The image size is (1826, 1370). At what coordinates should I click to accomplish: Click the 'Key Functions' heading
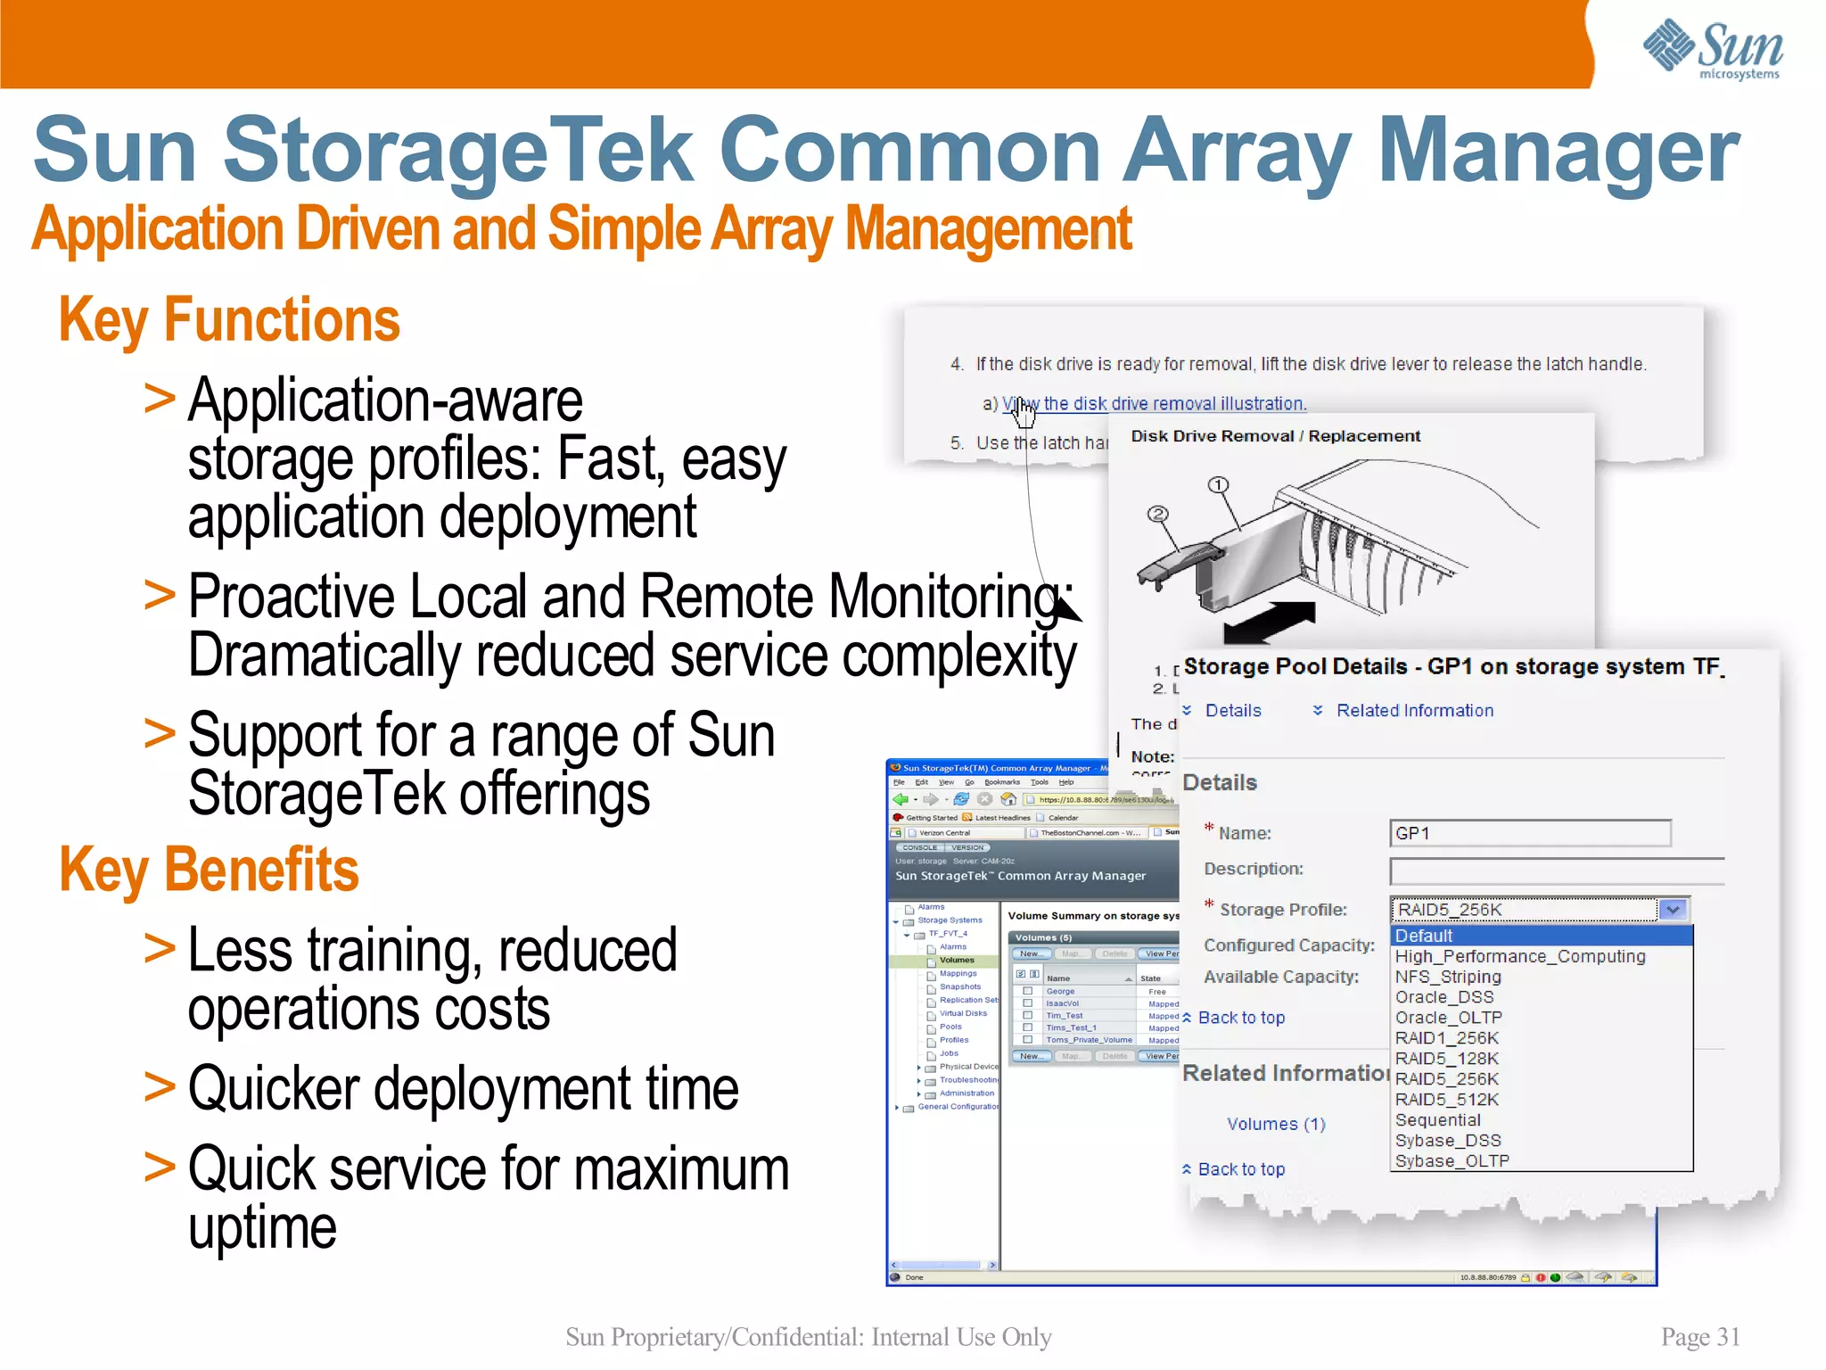click(229, 320)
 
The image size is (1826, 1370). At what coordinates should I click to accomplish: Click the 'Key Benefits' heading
click(209, 870)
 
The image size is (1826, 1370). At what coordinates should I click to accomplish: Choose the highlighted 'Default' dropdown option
click(1424, 936)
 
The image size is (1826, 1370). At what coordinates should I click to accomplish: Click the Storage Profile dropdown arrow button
click(1673, 910)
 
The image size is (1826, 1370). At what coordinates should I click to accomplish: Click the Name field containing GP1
click(1529, 833)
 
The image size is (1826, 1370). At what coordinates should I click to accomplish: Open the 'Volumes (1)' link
click(1276, 1124)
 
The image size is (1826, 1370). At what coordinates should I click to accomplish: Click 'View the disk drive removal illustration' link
click(1155, 404)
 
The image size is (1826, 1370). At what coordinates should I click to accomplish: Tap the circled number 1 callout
click(1218, 485)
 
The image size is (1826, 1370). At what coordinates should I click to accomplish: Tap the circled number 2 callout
click(1157, 514)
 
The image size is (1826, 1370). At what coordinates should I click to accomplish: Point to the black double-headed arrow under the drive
click(1270, 622)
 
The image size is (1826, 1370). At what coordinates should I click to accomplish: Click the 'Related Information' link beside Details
click(1414, 711)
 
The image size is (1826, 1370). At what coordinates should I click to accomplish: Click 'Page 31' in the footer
click(1700, 1336)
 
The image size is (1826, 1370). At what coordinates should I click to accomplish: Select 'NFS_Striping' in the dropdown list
click(1448, 977)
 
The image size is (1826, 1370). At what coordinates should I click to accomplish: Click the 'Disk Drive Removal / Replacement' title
click(1275, 436)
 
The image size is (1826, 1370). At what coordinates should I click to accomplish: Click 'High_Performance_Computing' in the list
click(1520, 956)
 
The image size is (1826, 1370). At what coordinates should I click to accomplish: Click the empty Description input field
click(1556, 871)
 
